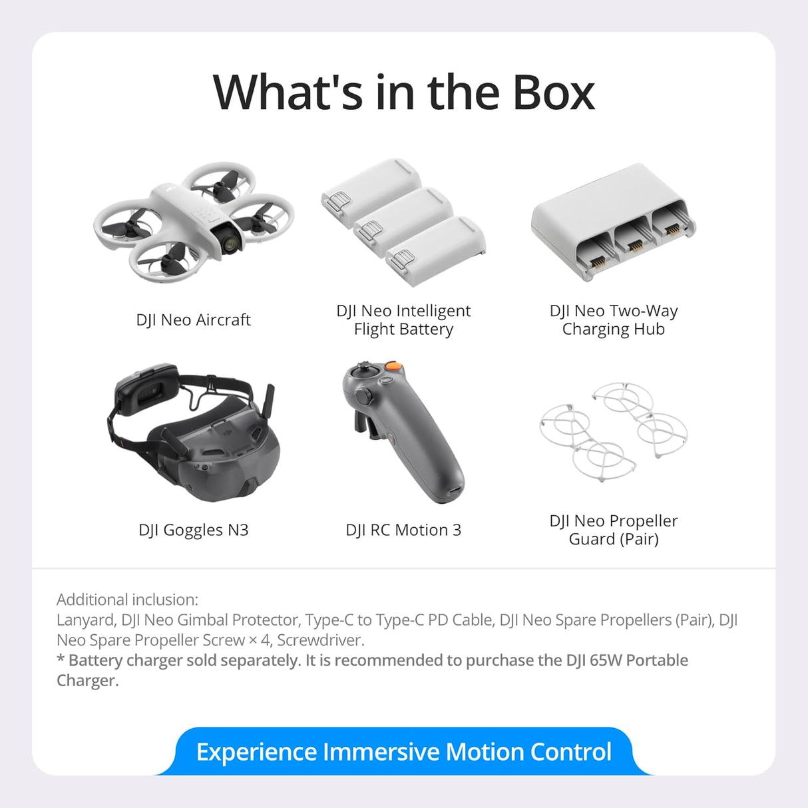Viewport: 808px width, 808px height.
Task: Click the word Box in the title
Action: click(x=553, y=93)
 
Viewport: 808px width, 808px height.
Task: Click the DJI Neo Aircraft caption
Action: click(x=193, y=320)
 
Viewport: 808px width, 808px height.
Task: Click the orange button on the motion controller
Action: click(x=394, y=366)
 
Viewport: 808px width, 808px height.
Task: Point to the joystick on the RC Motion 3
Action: click(x=363, y=367)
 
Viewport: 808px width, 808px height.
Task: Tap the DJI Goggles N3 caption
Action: click(x=193, y=530)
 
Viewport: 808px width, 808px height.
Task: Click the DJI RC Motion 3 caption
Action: click(x=403, y=530)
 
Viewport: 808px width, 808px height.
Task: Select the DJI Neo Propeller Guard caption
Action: click(x=613, y=530)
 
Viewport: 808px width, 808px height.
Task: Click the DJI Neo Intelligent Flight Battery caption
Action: click(x=403, y=320)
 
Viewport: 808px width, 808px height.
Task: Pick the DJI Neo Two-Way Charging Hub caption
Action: click(x=613, y=320)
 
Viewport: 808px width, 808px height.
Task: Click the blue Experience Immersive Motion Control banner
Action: click(x=403, y=752)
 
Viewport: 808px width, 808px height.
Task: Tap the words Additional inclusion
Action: click(x=127, y=600)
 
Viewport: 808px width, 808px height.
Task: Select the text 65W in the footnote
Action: click(x=605, y=660)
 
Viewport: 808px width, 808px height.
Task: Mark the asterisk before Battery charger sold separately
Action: click(x=61, y=659)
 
